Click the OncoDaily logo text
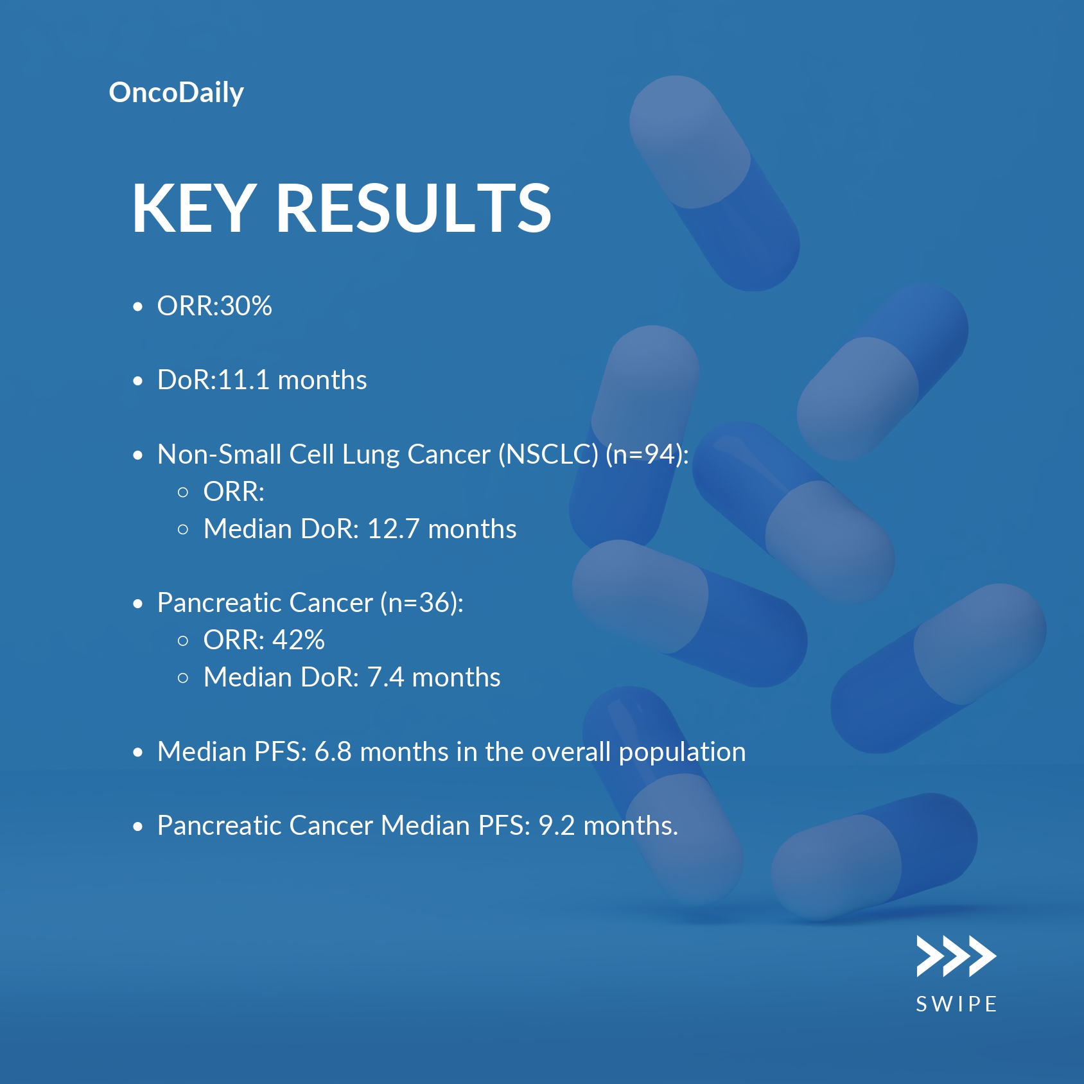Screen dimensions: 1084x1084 (177, 93)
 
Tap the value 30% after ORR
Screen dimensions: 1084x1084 (246, 306)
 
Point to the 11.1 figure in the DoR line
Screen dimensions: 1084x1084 (243, 380)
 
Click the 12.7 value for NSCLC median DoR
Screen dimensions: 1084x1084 (393, 529)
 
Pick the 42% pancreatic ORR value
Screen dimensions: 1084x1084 (299, 640)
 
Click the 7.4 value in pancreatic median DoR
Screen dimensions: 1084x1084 (385, 677)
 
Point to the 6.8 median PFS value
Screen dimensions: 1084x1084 (333, 752)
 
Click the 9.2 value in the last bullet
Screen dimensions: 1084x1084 (557, 826)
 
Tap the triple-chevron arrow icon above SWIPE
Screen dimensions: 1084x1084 (956, 956)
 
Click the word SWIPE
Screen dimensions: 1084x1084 (956, 1004)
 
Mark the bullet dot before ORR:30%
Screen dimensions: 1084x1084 (137, 307)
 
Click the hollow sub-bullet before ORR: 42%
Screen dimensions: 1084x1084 (183, 641)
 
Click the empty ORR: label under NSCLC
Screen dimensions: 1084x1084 (234, 492)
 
